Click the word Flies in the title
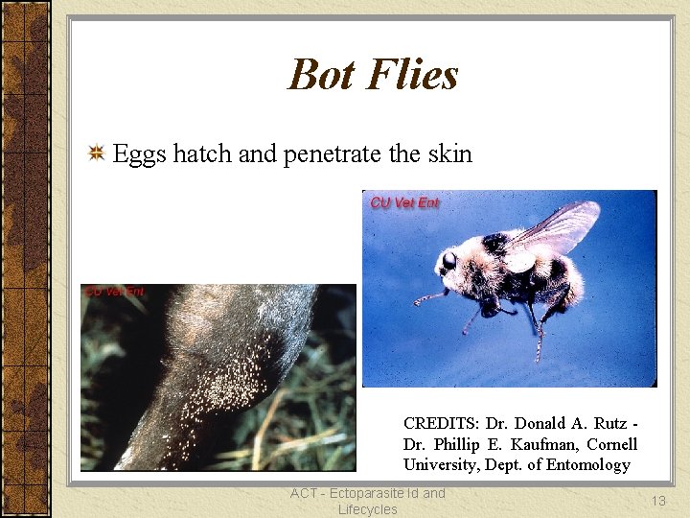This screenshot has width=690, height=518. point(416,75)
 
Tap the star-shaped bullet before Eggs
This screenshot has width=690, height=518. point(97,153)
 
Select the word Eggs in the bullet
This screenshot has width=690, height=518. point(140,154)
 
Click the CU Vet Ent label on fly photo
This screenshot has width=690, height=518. point(404,202)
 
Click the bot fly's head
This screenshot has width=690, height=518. point(448,260)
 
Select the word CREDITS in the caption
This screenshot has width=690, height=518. point(442,423)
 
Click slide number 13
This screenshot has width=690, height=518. point(657,501)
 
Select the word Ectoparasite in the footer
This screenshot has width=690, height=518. point(356,493)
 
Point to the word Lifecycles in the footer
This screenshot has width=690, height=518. point(367,509)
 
